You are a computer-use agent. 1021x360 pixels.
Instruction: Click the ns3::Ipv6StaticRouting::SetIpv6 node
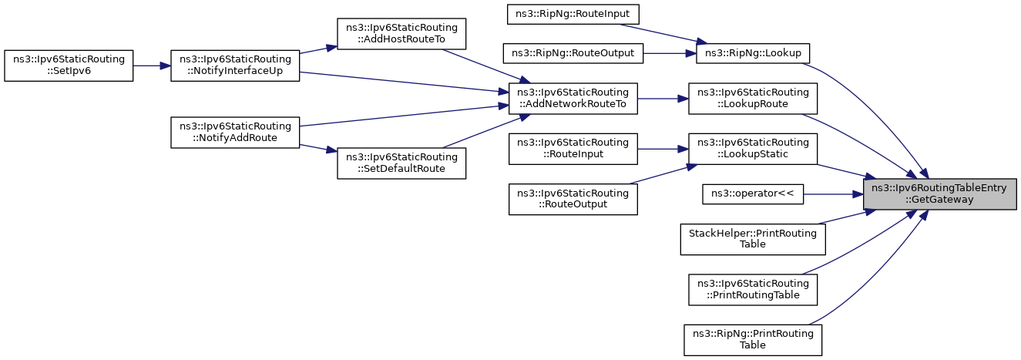pos(69,66)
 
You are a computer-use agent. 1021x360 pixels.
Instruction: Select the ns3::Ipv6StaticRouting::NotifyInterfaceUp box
pos(235,66)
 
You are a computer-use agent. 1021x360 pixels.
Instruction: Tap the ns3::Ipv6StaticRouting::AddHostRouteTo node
pos(401,34)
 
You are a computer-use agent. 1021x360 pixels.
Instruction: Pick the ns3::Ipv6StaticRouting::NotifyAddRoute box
pos(235,133)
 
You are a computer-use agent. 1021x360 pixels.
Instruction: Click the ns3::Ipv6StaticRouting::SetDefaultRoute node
pos(401,163)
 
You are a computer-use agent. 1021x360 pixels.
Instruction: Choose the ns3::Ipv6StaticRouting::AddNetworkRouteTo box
pos(573,99)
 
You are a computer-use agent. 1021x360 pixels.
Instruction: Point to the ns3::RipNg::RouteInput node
pos(573,14)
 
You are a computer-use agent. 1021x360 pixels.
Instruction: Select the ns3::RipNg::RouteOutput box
pos(573,53)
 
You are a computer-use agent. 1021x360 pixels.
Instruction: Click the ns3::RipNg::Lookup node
pos(753,53)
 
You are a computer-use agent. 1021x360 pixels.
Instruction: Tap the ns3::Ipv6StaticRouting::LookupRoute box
pos(753,99)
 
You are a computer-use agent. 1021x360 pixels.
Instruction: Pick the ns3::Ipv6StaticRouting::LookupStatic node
pos(753,149)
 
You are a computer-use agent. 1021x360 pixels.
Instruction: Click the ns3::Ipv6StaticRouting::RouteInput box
pos(573,149)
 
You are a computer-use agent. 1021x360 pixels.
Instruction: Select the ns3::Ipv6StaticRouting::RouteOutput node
pos(573,199)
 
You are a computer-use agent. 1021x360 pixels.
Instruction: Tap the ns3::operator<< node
pos(753,194)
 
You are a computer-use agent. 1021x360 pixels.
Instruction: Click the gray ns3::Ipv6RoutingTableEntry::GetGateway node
pos(940,194)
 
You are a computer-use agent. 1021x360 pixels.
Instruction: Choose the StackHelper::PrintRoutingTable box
pos(753,239)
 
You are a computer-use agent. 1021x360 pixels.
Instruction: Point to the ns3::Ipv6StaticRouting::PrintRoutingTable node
pos(753,290)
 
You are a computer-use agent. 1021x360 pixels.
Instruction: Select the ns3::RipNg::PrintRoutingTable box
pos(753,340)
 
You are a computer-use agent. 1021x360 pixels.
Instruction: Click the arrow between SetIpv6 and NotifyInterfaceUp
pos(152,66)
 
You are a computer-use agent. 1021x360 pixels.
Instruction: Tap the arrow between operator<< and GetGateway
pos(834,194)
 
